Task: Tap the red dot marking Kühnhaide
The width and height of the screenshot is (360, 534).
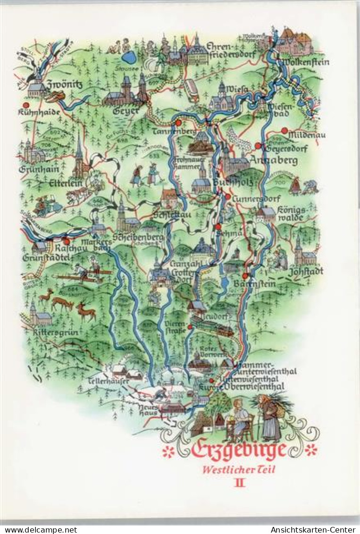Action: coord(25,105)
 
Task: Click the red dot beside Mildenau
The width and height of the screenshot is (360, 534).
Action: coord(284,130)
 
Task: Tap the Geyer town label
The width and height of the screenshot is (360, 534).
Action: coord(126,111)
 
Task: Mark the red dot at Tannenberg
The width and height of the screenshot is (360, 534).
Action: coord(178,123)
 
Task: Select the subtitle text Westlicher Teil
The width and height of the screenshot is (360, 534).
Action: coord(239,469)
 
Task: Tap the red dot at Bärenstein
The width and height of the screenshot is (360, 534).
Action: coord(245,276)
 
